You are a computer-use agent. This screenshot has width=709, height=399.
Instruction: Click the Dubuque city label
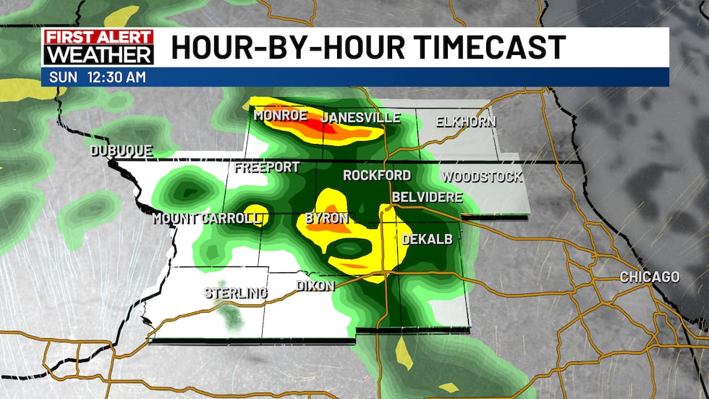(122, 151)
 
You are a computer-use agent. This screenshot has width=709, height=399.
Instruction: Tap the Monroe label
(281, 116)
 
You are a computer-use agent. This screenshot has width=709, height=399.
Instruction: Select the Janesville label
(361, 118)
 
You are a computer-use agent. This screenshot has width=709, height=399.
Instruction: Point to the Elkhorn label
(466, 122)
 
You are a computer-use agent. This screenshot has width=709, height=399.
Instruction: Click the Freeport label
(267, 167)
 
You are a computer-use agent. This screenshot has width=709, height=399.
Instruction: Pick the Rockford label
(377, 175)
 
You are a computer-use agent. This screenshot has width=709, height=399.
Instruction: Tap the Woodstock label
(482, 177)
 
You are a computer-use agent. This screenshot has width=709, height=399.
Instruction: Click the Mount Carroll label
(205, 218)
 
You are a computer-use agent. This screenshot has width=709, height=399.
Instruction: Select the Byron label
(327, 218)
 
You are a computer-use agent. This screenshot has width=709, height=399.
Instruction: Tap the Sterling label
(235, 293)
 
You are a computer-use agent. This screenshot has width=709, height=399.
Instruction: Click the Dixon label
(315, 286)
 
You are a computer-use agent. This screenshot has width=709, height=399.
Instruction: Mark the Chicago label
(650, 277)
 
